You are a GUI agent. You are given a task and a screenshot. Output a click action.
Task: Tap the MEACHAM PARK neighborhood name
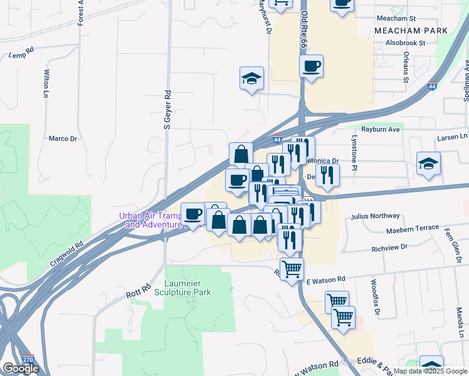tap(411, 30)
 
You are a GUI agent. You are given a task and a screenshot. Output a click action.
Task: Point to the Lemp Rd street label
tap(21, 55)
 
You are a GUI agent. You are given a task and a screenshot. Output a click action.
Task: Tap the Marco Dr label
tap(63, 138)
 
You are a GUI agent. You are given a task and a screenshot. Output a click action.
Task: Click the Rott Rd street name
tap(139, 290)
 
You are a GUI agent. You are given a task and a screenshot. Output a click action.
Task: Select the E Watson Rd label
tap(325, 279)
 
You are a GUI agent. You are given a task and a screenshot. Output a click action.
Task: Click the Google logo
tap(21, 368)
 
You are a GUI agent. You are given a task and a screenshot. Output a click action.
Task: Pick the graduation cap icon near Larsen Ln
tap(429, 163)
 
